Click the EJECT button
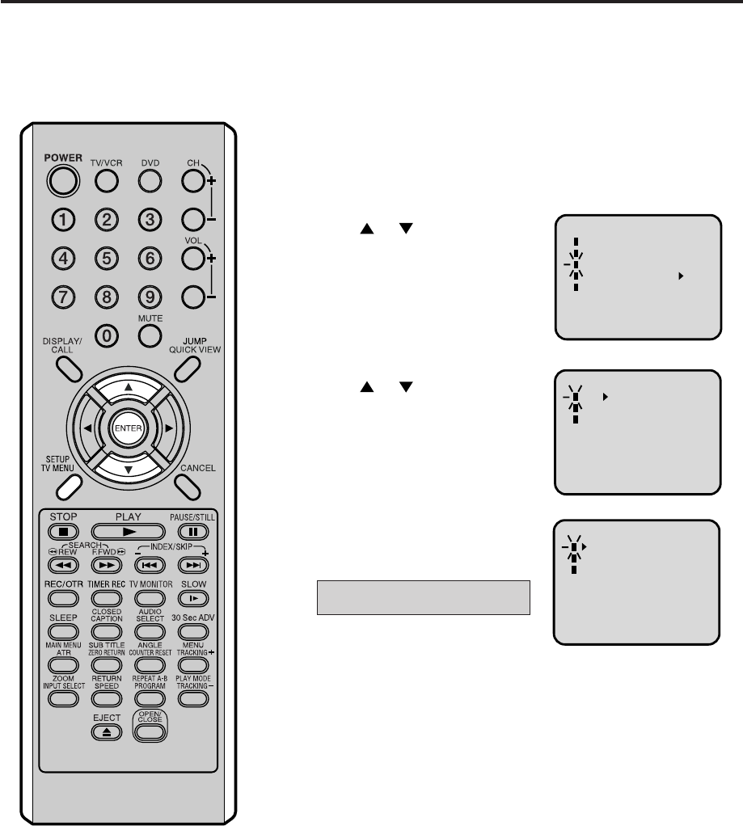106,732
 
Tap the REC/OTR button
63,598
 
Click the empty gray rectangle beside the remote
423,597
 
